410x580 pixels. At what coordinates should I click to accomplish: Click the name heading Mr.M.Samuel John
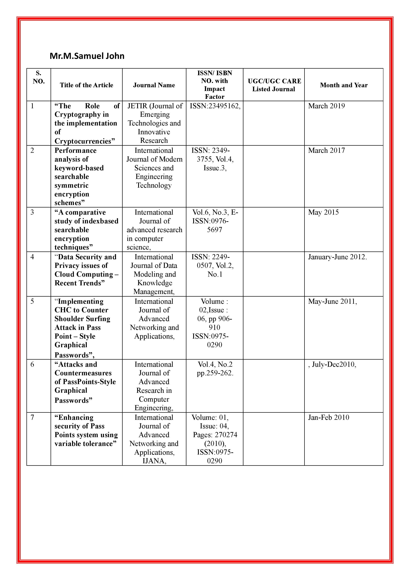87,56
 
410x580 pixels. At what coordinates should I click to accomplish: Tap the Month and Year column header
344,85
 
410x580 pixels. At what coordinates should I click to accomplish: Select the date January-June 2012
337,257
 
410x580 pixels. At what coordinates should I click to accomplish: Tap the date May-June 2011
332,301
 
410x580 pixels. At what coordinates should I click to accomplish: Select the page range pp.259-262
215,373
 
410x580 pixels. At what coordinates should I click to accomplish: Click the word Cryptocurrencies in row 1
83,141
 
